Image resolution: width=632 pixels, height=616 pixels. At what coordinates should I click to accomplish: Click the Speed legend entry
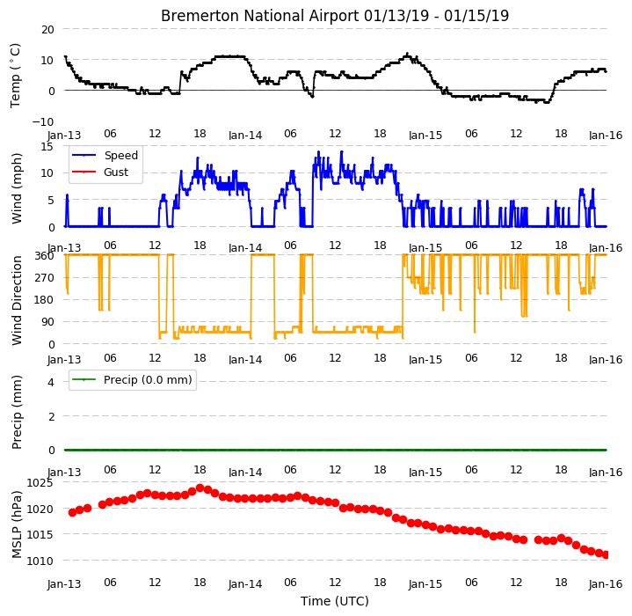click(121, 155)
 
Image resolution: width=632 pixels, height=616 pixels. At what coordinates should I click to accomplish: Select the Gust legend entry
click(116, 172)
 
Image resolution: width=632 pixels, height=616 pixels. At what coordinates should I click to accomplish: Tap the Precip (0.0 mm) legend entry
click(148, 379)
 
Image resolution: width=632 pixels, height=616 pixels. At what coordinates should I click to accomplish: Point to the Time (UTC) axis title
click(335, 601)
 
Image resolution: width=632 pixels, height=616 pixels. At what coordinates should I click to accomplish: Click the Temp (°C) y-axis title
click(15, 76)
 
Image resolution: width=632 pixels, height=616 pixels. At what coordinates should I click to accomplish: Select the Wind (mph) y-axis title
click(17, 188)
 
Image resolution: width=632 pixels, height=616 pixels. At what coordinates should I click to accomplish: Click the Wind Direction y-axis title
click(17, 301)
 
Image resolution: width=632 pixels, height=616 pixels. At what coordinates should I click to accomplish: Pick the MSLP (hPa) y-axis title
click(17, 524)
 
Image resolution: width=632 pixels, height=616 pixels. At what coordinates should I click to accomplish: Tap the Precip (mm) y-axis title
click(17, 412)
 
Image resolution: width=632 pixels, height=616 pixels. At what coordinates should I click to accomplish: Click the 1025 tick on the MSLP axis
click(40, 483)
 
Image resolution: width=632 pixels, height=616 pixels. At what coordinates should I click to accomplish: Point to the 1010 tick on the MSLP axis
click(40, 561)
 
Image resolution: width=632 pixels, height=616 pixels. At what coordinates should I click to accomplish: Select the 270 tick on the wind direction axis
click(45, 278)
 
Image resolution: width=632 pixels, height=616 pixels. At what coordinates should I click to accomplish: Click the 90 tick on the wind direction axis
click(48, 322)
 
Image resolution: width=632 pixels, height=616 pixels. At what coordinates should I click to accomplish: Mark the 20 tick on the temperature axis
click(48, 29)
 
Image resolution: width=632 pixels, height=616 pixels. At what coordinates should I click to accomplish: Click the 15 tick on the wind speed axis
click(47, 146)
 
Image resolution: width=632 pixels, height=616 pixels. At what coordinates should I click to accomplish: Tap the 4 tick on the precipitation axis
click(51, 382)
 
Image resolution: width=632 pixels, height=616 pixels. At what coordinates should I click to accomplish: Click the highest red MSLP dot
click(200, 488)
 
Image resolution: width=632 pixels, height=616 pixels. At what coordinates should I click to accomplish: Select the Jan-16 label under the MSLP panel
click(606, 583)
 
